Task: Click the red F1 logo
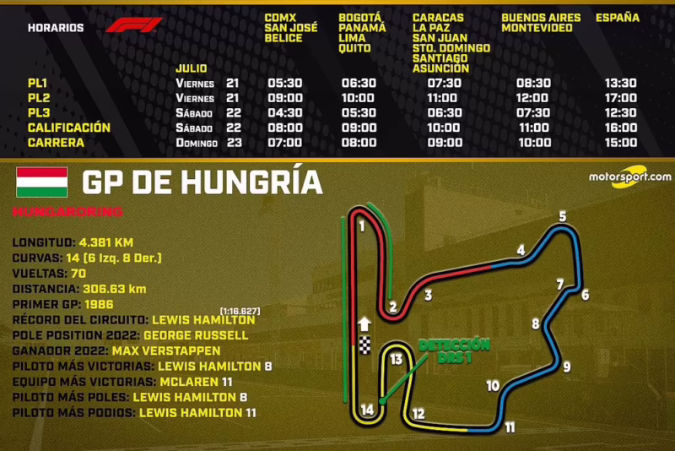[x=133, y=25]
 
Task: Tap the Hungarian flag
[x=41, y=182]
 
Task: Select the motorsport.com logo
[x=629, y=179]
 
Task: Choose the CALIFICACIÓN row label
[x=68, y=128]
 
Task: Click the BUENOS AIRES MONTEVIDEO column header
[x=541, y=23]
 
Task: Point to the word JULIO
[x=192, y=68]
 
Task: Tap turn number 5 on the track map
[x=562, y=216]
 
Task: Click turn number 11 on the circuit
[x=510, y=427]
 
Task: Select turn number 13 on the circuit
[x=397, y=359]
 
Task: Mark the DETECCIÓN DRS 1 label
[x=454, y=350]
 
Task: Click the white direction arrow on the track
[x=364, y=323]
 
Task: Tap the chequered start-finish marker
[x=364, y=345]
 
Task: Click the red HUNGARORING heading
[x=67, y=211]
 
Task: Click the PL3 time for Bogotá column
[x=358, y=113]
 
